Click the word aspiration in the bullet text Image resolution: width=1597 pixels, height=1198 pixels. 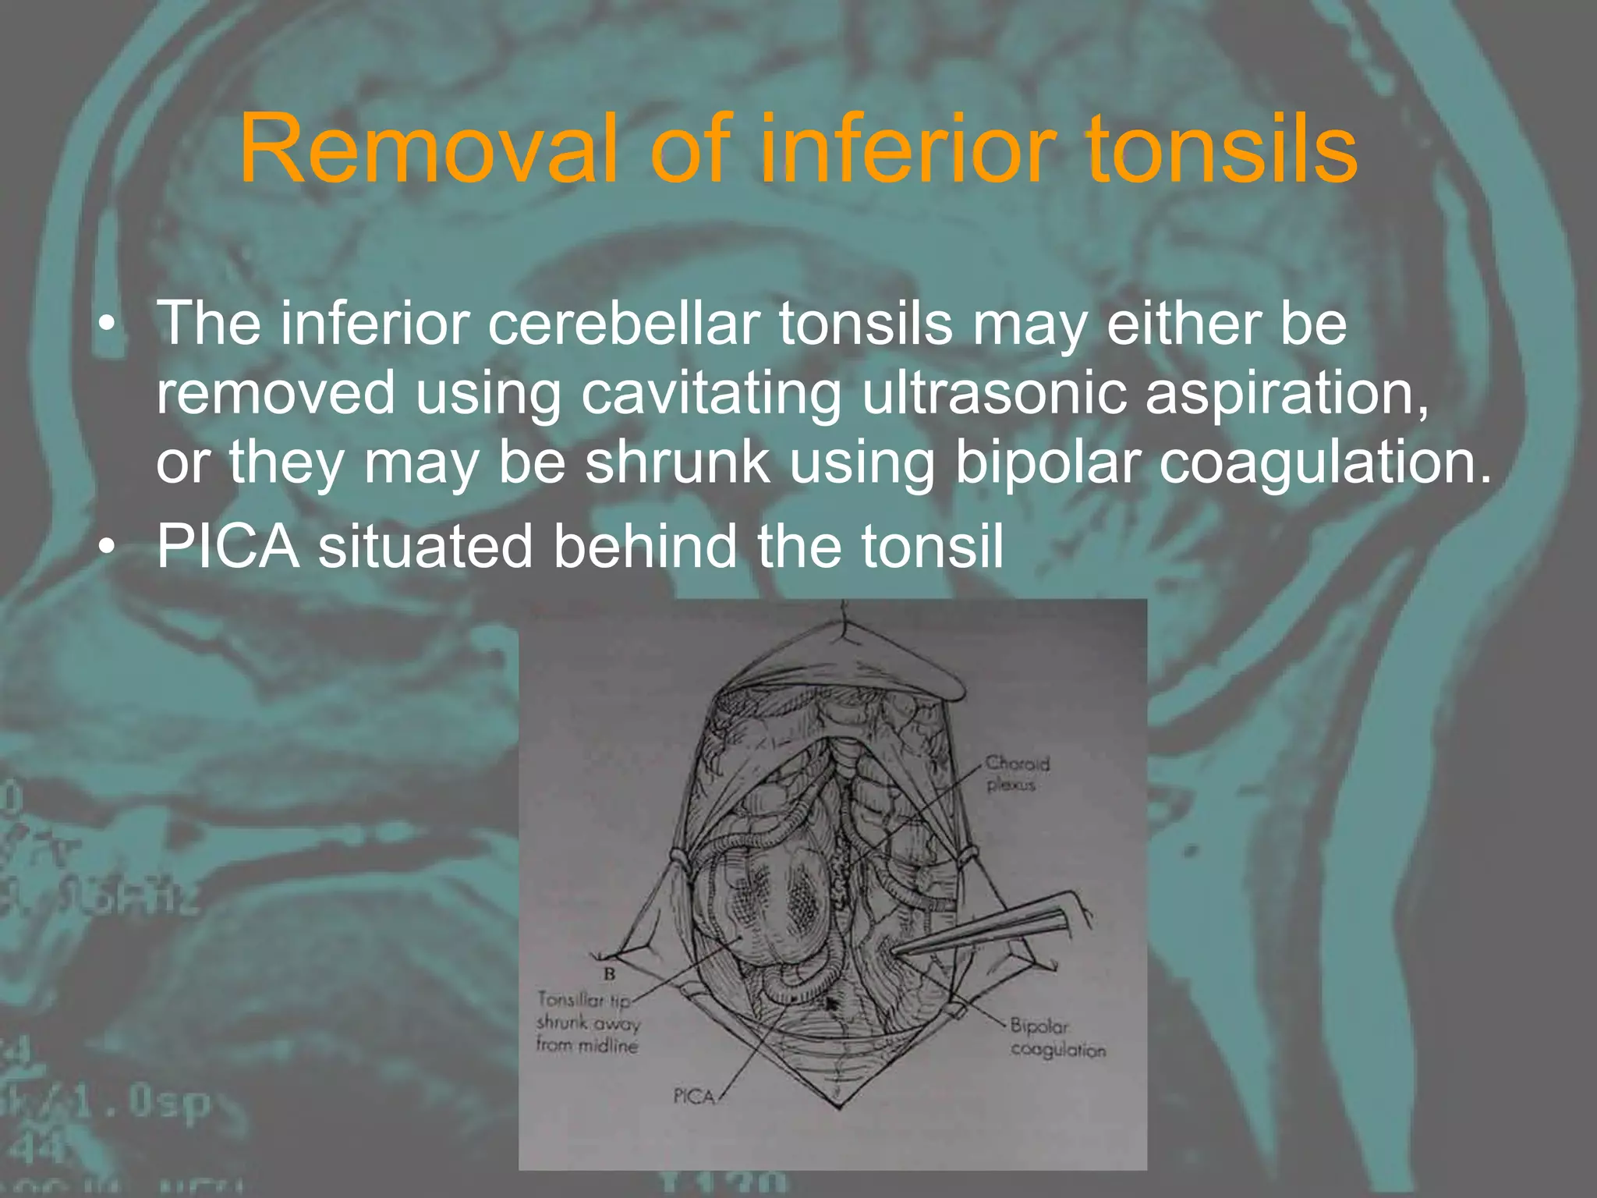click(x=1287, y=392)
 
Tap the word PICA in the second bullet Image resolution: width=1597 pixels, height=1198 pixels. click(x=228, y=545)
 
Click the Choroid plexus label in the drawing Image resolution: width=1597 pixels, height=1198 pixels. click(x=1016, y=773)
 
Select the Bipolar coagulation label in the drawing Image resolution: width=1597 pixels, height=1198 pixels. click(x=1057, y=1037)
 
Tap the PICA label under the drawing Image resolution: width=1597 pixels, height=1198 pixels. click(x=694, y=1097)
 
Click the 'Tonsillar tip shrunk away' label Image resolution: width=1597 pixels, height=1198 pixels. click(x=587, y=1022)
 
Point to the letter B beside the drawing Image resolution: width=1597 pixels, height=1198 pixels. click(x=610, y=973)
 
